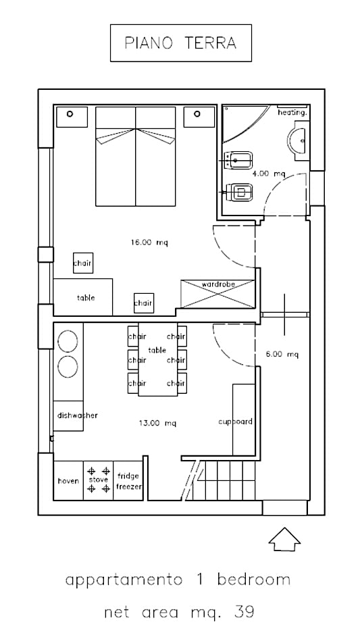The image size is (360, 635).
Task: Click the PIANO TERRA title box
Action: coord(180,43)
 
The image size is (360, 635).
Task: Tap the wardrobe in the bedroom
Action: coord(218,294)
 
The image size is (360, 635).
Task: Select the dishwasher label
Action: coord(78,415)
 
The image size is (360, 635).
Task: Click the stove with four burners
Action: coord(99,480)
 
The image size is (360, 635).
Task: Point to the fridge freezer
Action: coord(128,480)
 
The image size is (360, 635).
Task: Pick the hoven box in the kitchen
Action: coord(68,480)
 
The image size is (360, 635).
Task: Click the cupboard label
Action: coord(235,422)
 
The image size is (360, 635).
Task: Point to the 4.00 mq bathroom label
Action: coord(269,174)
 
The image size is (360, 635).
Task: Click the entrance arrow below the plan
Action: coord(284,539)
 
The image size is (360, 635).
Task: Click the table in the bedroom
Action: coord(83,297)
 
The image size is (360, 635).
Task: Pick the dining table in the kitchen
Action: coord(157,359)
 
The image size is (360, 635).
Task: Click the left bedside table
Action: coord(72,117)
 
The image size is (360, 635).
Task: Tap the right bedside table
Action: coord(199,117)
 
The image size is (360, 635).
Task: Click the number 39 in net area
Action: coord(245,611)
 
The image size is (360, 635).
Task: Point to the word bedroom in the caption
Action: coord(254,580)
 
